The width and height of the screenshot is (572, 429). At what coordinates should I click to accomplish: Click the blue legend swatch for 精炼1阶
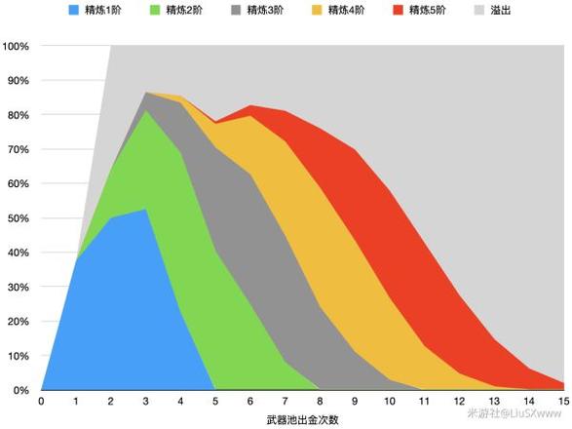pyautogui.click(x=74, y=10)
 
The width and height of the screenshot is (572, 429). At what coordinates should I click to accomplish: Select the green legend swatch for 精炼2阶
pyautogui.click(x=155, y=10)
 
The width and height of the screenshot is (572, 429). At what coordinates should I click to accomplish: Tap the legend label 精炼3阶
pyautogui.click(x=265, y=10)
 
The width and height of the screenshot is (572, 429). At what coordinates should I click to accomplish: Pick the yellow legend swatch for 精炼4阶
pyautogui.click(x=317, y=10)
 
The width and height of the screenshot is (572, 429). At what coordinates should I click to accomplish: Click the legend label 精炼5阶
pyautogui.click(x=428, y=10)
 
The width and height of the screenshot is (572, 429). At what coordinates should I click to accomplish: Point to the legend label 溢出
pyautogui.click(x=501, y=10)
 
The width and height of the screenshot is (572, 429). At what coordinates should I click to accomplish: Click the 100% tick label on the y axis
pyautogui.click(x=16, y=47)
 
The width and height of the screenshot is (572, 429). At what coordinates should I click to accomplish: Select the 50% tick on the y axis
pyautogui.click(x=19, y=218)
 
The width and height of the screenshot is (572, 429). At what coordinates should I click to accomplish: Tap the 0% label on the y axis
pyautogui.click(x=21, y=390)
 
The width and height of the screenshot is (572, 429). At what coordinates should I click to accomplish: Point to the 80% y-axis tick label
pyautogui.click(x=19, y=115)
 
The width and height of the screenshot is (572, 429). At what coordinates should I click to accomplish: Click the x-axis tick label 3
pyautogui.click(x=145, y=402)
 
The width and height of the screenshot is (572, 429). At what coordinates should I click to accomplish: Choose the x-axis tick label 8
pyautogui.click(x=320, y=402)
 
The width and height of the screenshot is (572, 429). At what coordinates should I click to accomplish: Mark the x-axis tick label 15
pyautogui.click(x=563, y=402)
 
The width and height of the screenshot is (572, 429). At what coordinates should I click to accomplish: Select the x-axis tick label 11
pyautogui.click(x=424, y=402)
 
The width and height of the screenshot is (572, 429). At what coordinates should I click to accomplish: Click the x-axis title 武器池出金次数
pyautogui.click(x=302, y=420)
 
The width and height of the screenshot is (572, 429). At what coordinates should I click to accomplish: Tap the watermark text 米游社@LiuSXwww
pyautogui.click(x=515, y=413)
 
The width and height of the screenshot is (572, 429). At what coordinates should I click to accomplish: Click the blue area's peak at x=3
pyautogui.click(x=145, y=210)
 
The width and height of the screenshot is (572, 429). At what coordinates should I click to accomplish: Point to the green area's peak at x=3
pyautogui.click(x=145, y=109)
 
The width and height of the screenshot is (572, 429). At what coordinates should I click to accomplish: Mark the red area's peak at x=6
pyautogui.click(x=250, y=105)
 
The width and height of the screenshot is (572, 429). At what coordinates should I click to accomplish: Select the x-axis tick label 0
pyautogui.click(x=41, y=402)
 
